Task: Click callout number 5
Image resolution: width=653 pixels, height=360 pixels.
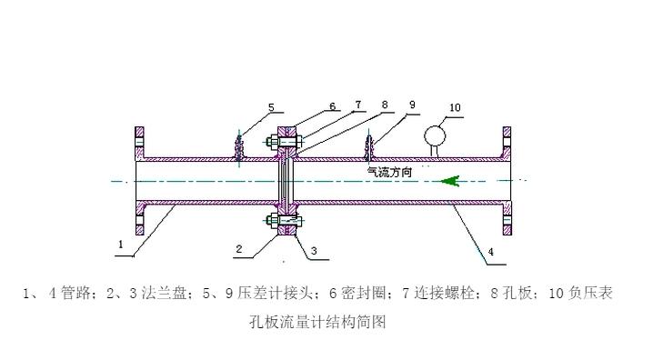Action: [x=272, y=107]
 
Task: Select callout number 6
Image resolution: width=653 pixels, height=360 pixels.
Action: [x=332, y=106]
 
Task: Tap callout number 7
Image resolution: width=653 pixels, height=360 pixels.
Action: [x=358, y=105]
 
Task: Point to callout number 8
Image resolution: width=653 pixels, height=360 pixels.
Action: [x=385, y=105]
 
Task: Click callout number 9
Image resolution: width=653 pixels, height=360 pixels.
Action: [x=412, y=105]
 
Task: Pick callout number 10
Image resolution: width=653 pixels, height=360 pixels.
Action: [x=455, y=107]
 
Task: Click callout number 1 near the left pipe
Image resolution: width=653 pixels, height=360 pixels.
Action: [x=121, y=244]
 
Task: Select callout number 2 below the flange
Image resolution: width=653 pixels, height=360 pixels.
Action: [x=239, y=249]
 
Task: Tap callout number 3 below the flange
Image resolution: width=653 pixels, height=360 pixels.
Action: [x=314, y=251]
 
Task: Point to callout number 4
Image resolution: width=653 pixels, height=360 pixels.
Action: [x=491, y=252]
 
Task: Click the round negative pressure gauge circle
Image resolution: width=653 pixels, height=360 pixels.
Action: [x=435, y=136]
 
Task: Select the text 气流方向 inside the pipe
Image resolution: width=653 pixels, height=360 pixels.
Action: [x=389, y=172]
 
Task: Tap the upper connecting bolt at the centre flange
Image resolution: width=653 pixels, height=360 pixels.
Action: [x=284, y=142]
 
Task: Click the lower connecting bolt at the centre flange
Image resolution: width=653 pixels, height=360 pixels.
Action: [x=284, y=220]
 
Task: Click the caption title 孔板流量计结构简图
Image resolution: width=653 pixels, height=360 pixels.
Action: [x=317, y=322]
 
